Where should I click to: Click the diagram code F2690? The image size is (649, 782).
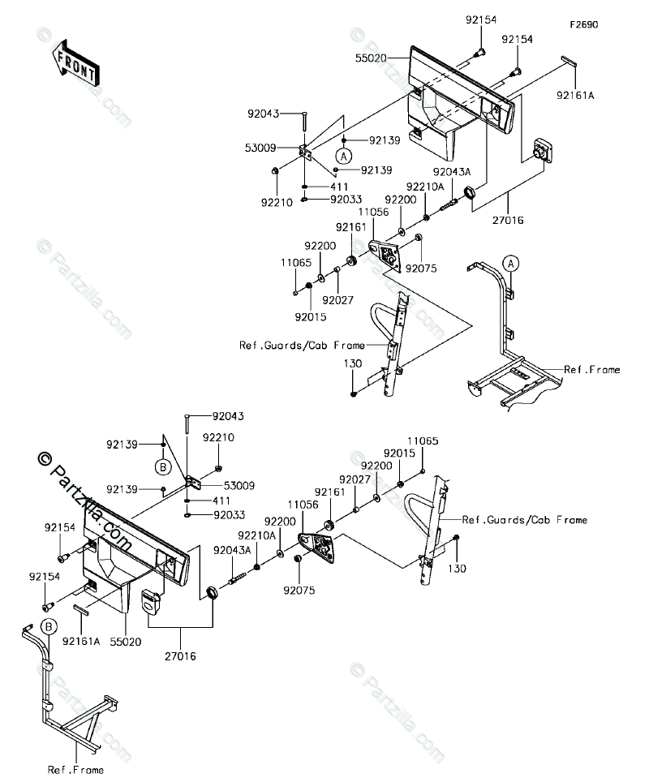pos(583,25)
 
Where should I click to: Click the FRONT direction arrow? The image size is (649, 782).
pos(74,63)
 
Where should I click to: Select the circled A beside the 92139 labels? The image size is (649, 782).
pos(344,155)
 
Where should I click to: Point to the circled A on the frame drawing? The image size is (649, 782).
pos(509,262)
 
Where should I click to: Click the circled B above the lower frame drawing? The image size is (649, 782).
pos(48,626)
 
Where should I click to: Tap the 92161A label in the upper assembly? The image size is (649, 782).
pos(575,95)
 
